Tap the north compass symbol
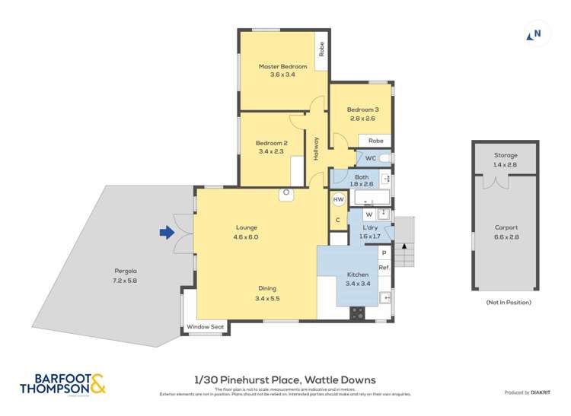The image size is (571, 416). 536,33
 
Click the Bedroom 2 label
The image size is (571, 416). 272,143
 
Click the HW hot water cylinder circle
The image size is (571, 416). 339,199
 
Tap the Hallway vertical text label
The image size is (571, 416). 316,147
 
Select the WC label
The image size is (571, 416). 370,158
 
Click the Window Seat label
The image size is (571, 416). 206,328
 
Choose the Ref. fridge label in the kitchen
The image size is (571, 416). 384,267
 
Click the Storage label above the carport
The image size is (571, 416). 505,154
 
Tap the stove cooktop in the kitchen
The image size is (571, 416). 357,312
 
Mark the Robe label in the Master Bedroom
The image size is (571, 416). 322,49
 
